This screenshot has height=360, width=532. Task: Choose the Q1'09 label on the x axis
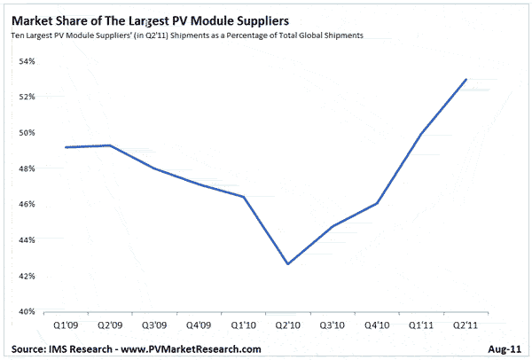tap(66, 325)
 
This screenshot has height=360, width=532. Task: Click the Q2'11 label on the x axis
tap(465, 325)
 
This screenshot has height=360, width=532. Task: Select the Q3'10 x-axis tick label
tap(332, 325)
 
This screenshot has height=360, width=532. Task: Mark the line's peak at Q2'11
tap(467, 79)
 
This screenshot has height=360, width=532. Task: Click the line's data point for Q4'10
tap(376, 203)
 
